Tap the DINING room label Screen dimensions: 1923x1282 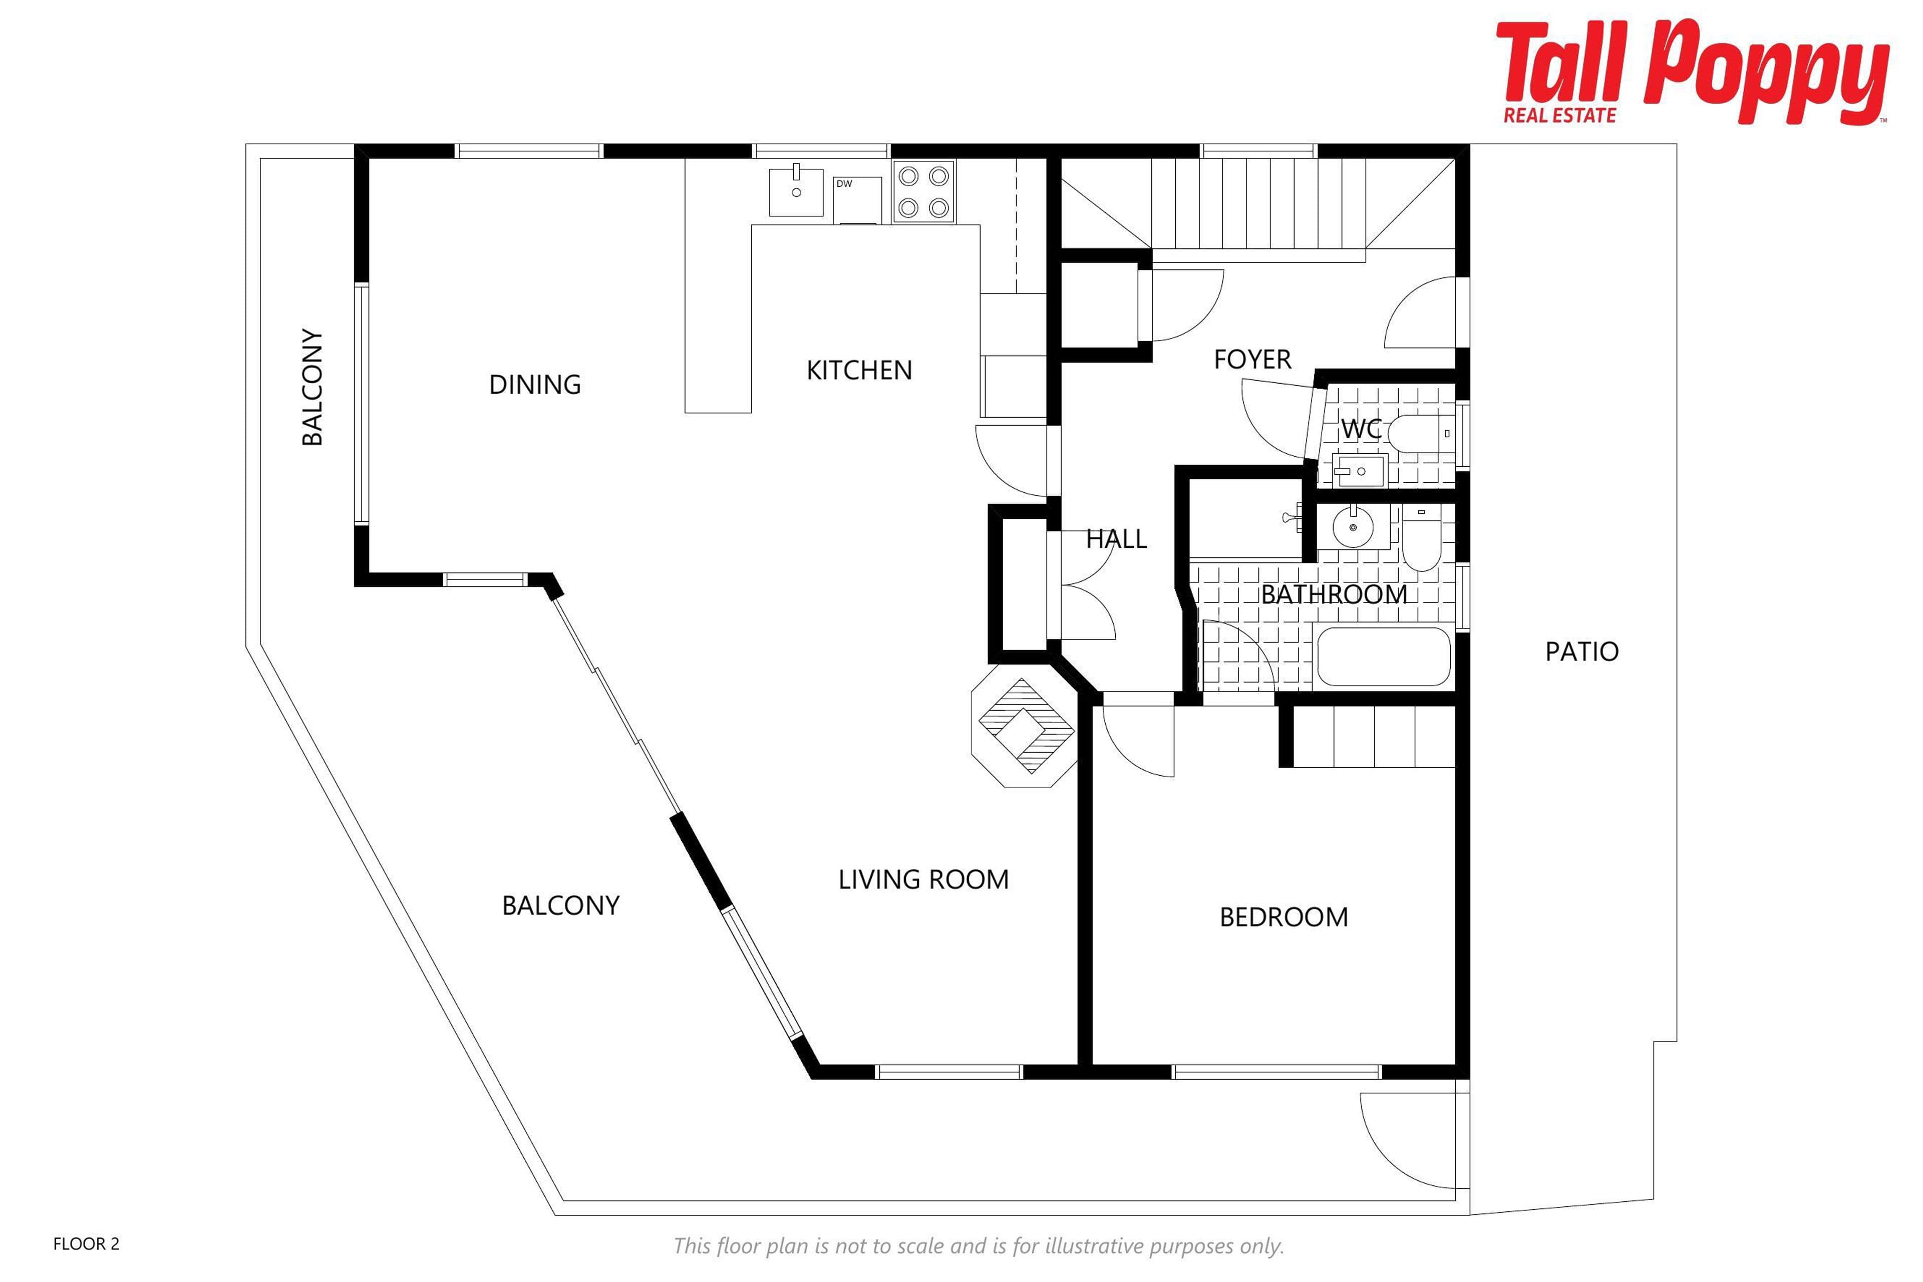(535, 384)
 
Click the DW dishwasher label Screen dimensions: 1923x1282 (844, 184)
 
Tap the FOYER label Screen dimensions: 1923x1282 (1252, 359)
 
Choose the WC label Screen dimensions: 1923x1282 (1361, 429)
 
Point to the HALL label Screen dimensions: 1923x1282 (1116, 539)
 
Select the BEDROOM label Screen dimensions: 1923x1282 (1284, 917)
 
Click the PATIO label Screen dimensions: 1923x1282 (1581, 652)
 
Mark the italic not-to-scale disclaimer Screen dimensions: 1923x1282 (979, 1246)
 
